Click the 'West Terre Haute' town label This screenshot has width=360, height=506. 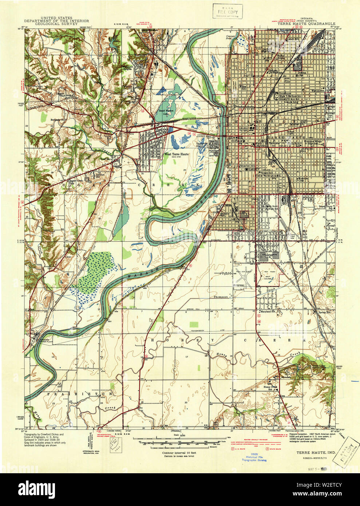pyautogui.click(x=176, y=154)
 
